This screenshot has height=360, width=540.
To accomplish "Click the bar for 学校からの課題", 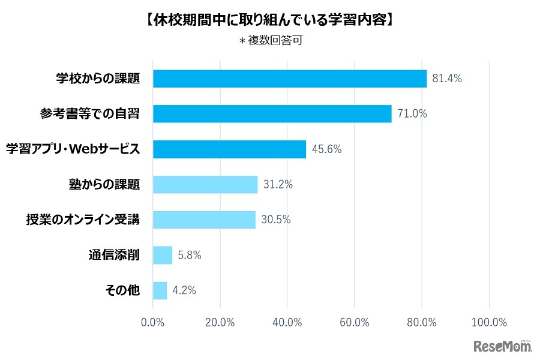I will [290, 79].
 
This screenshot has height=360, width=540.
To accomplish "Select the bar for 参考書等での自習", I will [272, 113].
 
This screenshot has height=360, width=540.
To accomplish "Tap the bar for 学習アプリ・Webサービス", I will [230, 149].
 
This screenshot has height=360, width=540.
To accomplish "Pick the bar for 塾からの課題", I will [205, 184].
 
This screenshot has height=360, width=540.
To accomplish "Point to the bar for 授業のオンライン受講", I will [204, 220].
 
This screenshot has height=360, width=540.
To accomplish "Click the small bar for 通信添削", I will [163, 255].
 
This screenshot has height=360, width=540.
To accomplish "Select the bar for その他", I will [160, 290].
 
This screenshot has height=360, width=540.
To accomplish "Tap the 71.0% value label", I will [412, 113].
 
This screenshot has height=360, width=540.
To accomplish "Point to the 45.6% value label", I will [327, 149].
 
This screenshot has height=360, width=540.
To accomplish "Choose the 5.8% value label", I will [189, 255].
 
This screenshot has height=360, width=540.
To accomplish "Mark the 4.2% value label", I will [184, 290].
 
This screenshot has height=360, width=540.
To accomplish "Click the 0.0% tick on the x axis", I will [153, 322].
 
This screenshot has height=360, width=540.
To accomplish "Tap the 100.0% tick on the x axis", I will [489, 322].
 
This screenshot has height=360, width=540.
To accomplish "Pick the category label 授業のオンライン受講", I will [83, 220].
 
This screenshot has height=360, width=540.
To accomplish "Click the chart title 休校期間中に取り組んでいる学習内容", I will [270, 20].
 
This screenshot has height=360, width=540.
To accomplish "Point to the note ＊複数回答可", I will [270, 41].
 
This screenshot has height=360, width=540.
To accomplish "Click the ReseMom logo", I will [503, 346].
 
